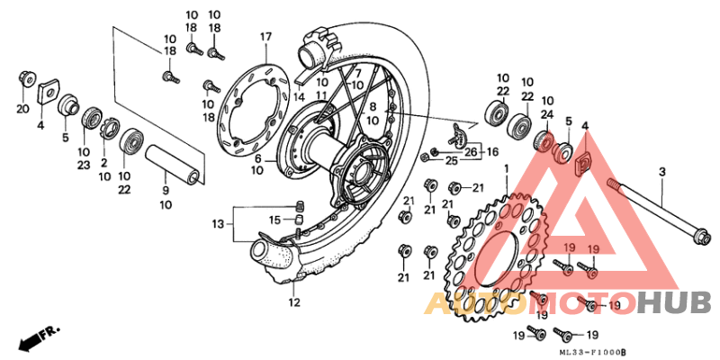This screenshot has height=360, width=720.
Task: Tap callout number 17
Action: point(265,37)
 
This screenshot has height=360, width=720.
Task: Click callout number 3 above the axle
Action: point(661,171)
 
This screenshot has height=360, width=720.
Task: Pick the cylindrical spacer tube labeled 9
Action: point(170,160)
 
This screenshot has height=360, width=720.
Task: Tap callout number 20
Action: point(22,109)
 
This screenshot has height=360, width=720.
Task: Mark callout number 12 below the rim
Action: point(293,302)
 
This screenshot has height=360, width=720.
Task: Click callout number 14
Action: point(299,96)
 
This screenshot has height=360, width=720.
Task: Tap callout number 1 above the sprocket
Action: point(506,168)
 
